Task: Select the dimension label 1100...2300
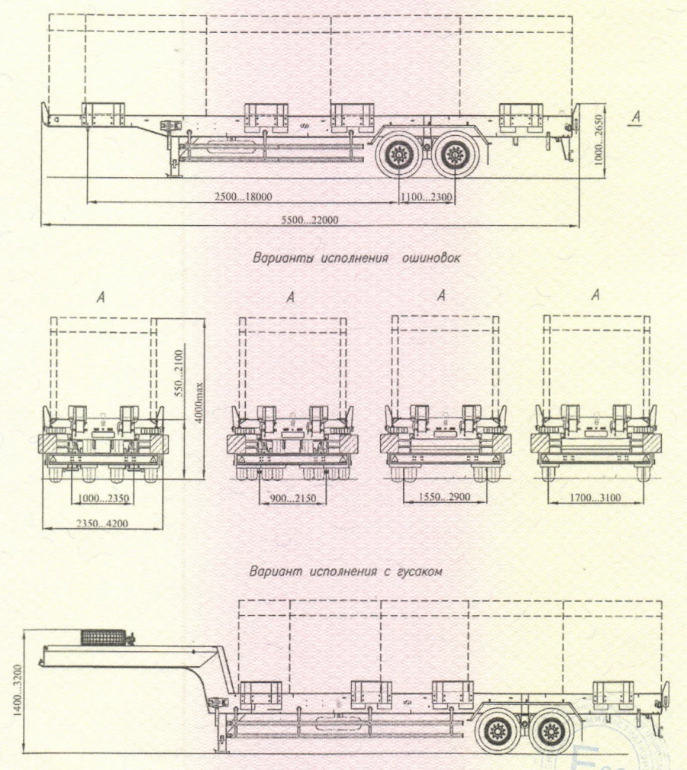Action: coord(427,196)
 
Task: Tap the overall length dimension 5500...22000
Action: coord(310,220)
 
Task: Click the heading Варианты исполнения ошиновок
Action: coord(356,258)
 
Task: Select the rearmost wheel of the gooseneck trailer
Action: coord(552,734)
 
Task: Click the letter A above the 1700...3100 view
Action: coord(596,295)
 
